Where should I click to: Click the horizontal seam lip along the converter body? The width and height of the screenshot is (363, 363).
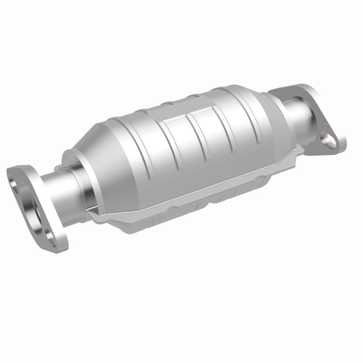click(x=202, y=187)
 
